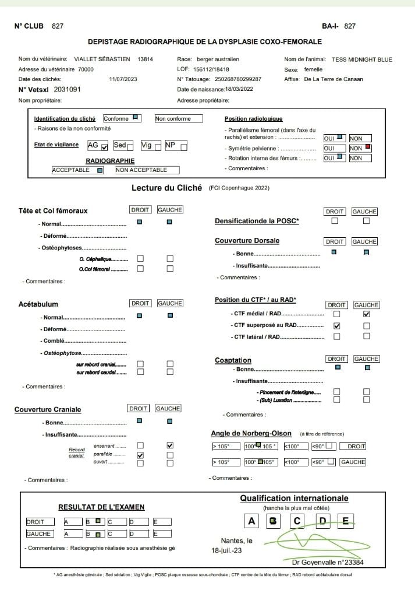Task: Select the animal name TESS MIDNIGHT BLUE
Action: (x=362, y=59)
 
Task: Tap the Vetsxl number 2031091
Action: (x=67, y=90)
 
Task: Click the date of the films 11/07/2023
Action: (x=123, y=79)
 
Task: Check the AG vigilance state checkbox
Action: (x=105, y=146)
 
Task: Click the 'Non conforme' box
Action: (x=178, y=119)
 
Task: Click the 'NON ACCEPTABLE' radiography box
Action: (x=147, y=170)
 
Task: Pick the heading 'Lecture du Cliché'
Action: (x=166, y=188)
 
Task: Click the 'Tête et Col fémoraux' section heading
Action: (x=53, y=210)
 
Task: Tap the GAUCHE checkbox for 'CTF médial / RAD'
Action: (x=366, y=314)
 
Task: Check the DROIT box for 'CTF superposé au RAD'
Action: (x=336, y=325)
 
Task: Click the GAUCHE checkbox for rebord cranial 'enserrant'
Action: (x=170, y=445)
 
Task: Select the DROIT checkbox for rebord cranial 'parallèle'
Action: (x=140, y=455)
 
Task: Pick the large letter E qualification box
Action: (x=346, y=521)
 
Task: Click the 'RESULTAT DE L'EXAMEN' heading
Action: (x=101, y=507)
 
